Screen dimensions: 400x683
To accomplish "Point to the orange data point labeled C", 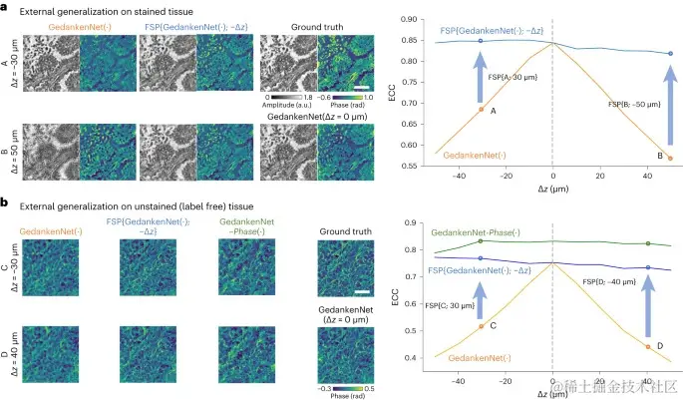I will [481, 326].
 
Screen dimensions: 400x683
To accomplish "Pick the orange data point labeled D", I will [648, 347].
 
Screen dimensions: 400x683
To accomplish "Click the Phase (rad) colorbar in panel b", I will [341, 374].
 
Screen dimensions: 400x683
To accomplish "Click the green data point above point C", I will [481, 241].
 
